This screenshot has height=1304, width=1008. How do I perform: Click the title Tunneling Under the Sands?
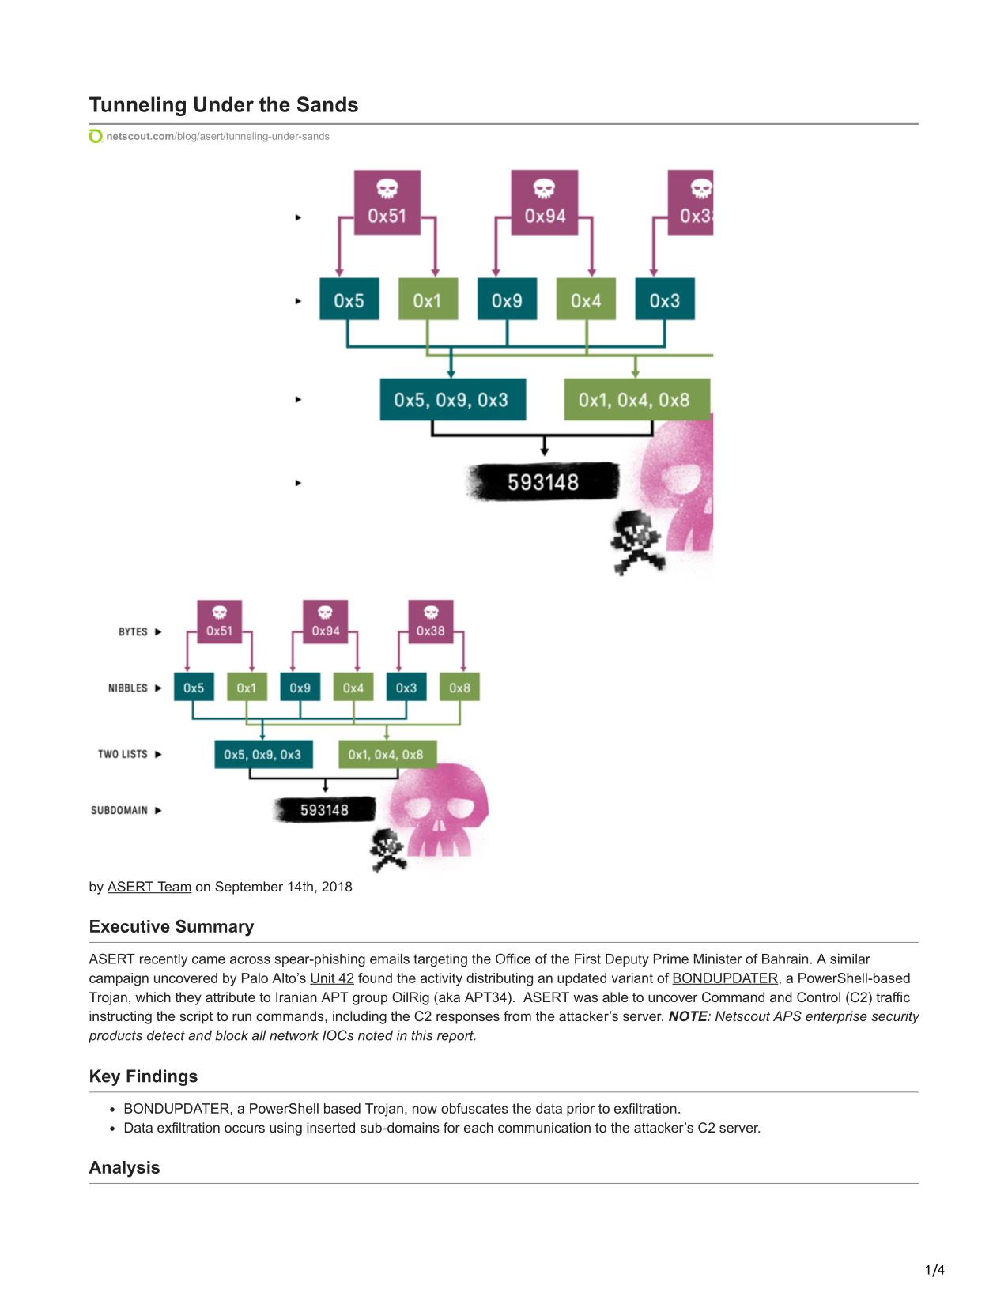click(223, 105)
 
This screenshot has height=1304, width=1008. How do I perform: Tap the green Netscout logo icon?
click(96, 137)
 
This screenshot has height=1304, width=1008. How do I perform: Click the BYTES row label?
click(133, 632)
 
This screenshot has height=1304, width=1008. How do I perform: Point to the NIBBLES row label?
click(127, 688)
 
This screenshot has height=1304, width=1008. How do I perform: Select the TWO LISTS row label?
click(123, 754)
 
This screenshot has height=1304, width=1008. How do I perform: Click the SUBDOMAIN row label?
click(119, 811)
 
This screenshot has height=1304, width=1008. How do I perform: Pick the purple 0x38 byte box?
click(430, 622)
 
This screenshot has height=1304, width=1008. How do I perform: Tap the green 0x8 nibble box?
click(459, 687)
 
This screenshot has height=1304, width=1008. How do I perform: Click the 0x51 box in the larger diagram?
click(387, 202)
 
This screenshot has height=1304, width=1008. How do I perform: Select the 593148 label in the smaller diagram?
click(324, 810)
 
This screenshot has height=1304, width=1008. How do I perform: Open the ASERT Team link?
click(149, 887)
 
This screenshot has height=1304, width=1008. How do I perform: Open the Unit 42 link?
click(332, 978)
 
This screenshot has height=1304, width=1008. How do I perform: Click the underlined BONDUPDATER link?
click(725, 978)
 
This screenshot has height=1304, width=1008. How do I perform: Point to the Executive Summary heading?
click(172, 926)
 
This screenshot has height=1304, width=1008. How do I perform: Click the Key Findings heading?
click(143, 1076)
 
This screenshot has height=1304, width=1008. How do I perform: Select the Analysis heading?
click(124, 1167)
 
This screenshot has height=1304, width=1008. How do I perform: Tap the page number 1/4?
click(934, 1270)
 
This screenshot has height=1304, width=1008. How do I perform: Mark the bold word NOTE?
click(687, 1016)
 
